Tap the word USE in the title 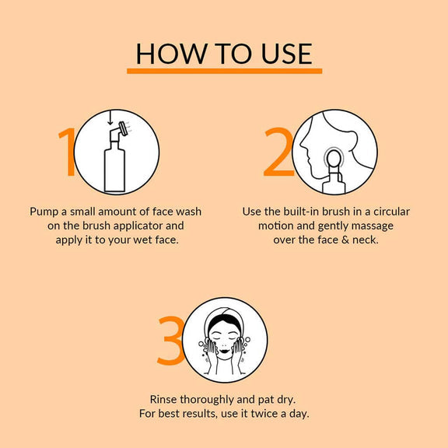[286, 54]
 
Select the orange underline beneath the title [224, 71]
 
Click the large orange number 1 [68, 152]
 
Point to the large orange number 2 [278, 152]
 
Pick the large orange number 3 [171, 341]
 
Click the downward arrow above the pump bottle [110, 117]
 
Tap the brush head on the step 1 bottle [123, 129]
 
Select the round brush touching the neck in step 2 [334, 159]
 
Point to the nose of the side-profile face [303, 145]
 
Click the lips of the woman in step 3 [225, 350]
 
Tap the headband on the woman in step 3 [225, 316]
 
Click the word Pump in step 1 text [44, 212]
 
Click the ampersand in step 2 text [345, 240]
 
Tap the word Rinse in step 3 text [163, 400]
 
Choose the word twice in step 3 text [264, 414]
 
